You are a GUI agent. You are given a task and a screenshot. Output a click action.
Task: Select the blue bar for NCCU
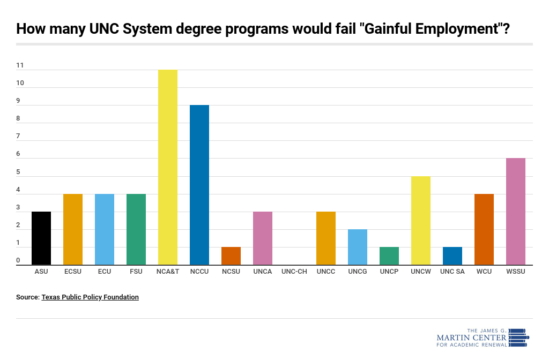[x=199, y=185]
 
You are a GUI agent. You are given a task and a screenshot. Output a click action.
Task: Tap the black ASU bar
[x=41, y=238]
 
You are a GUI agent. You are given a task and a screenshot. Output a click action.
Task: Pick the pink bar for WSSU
[x=516, y=212]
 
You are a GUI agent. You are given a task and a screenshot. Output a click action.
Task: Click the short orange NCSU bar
[x=231, y=256]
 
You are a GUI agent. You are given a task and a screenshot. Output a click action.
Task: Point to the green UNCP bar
[x=389, y=256]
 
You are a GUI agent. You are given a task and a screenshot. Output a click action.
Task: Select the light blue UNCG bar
[x=358, y=247]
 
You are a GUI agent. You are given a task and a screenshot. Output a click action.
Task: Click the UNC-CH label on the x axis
[x=294, y=272]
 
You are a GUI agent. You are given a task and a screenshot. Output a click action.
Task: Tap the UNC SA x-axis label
[x=452, y=272]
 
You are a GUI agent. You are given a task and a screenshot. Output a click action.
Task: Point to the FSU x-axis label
[x=136, y=272]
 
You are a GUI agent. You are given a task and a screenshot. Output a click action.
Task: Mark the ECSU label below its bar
[x=73, y=272]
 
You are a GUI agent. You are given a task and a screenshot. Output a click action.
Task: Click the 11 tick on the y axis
[x=20, y=65]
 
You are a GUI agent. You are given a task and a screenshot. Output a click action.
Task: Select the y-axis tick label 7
[x=18, y=136]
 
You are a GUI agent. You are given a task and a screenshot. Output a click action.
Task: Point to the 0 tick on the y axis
[x=18, y=260]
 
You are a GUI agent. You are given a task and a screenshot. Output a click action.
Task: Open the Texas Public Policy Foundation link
[x=90, y=297]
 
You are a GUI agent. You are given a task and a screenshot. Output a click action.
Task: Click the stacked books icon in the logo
[x=518, y=337]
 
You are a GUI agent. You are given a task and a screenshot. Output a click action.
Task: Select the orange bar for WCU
[x=484, y=229]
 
